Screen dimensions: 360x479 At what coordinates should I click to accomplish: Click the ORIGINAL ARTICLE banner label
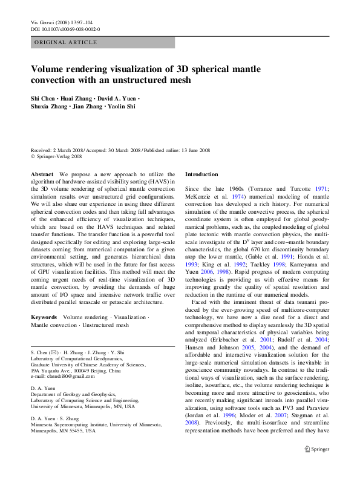[x=65, y=42]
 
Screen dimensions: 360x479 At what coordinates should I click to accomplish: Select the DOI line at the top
[x=65, y=28]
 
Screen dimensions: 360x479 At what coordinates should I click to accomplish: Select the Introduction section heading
[x=201, y=174]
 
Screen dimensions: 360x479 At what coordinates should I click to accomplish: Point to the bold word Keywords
[x=44, y=317]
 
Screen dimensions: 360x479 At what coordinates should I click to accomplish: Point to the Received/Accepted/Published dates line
[x=120, y=150]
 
